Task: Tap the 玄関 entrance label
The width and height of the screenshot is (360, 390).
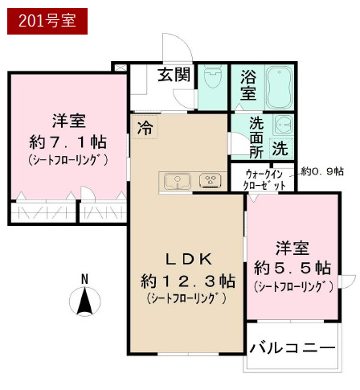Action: (x=173, y=76)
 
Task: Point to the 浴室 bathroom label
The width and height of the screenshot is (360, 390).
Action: (x=248, y=85)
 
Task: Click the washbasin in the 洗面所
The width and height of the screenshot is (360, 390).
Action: (x=284, y=126)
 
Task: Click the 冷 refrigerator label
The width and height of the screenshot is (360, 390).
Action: (x=145, y=125)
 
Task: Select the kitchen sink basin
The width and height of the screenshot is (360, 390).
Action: (x=175, y=180)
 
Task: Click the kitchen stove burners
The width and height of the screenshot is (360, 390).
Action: (x=211, y=180)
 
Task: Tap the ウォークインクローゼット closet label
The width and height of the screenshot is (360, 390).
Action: (x=264, y=179)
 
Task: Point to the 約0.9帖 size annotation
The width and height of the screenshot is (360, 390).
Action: (x=322, y=171)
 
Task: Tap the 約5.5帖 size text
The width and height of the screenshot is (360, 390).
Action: (x=292, y=267)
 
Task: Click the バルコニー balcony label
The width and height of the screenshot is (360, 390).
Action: (x=292, y=347)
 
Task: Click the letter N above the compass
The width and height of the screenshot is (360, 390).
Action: (x=84, y=278)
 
